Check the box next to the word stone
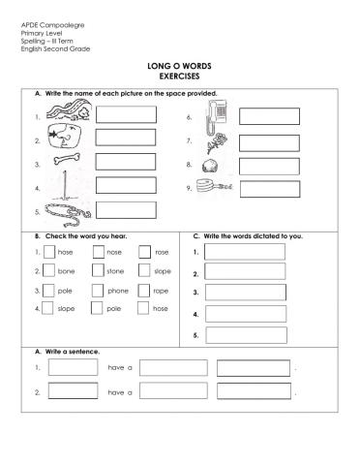click(x=98, y=271)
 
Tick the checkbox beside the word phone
click(x=98, y=290)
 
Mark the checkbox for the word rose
click(x=145, y=252)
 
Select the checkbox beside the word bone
click(x=48, y=271)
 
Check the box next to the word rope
click(x=145, y=290)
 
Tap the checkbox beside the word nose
click(x=98, y=252)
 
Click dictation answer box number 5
click(x=245, y=335)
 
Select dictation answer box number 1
click(x=245, y=252)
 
